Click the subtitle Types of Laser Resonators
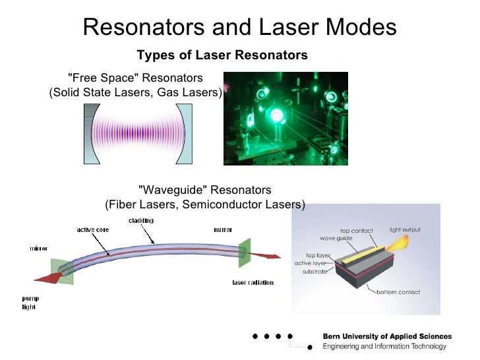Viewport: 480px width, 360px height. pos(222,53)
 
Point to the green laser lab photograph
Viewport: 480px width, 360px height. pos(285,119)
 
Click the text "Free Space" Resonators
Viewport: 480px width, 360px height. pos(136,78)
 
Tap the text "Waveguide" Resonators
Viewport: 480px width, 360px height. pos(205,190)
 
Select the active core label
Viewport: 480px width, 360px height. pos(93,230)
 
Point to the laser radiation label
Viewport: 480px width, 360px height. pos(253,283)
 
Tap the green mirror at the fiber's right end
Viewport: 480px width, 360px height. pos(245,253)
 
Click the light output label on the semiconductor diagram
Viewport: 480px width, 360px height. pos(405,230)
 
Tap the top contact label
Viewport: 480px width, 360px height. pos(356,231)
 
